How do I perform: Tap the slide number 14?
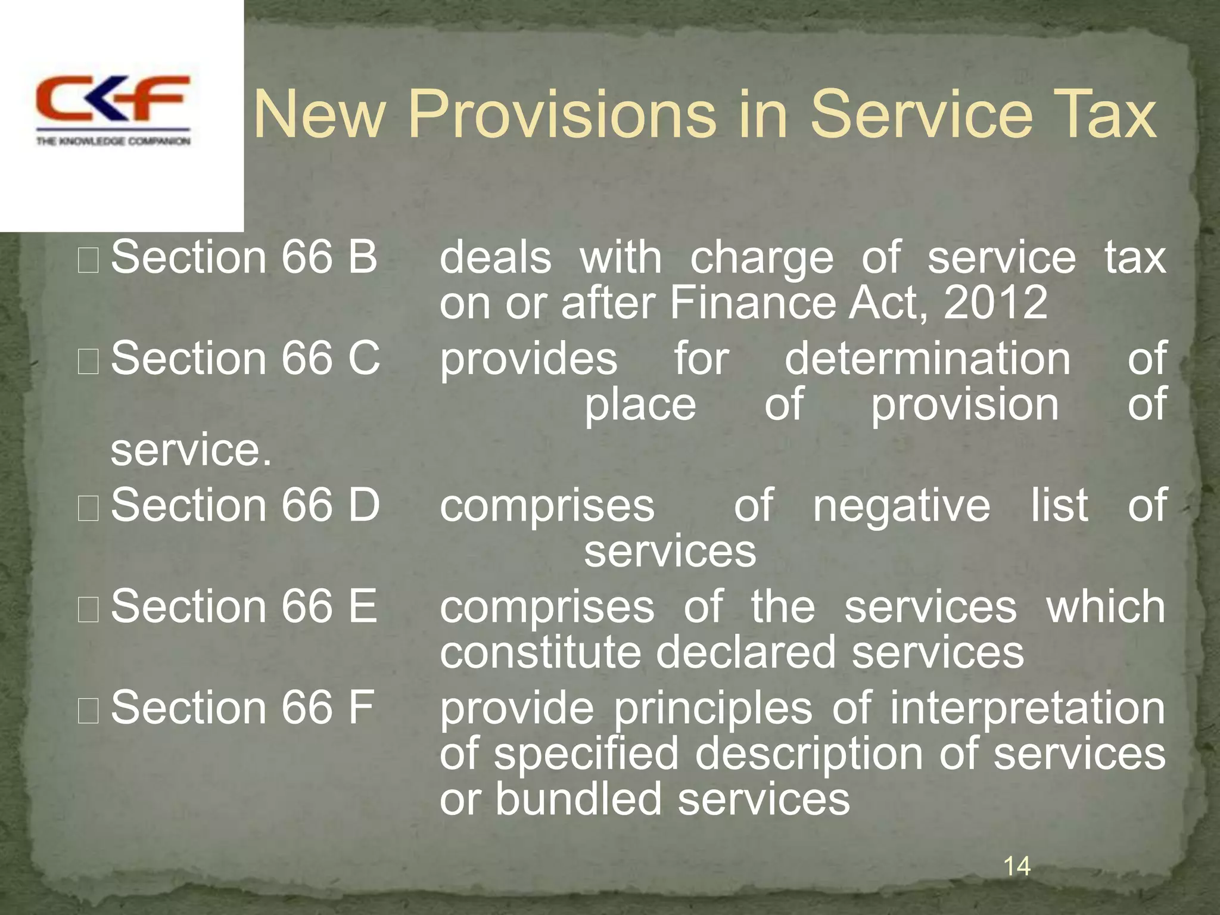[1017, 866]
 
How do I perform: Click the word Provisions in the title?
[563, 114]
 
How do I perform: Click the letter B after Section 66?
[363, 257]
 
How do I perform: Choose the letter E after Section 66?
[363, 606]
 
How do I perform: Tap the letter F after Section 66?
[362, 708]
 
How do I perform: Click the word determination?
[928, 359]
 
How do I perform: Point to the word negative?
[902, 505]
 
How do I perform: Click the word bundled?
[578, 799]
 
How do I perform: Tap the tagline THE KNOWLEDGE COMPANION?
[113, 141]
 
